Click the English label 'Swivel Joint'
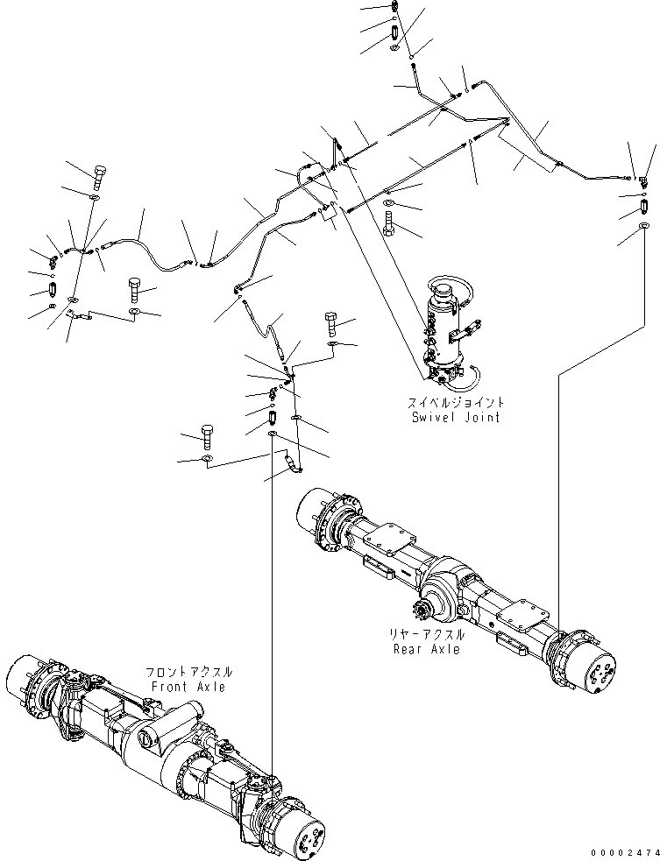click(x=456, y=417)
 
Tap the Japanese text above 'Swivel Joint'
click(x=456, y=402)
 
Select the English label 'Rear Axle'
click(x=428, y=649)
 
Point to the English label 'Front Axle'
click(x=188, y=687)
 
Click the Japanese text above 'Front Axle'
click(x=189, y=672)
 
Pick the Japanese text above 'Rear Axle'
click(x=428, y=634)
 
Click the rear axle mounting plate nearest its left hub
click(x=382, y=539)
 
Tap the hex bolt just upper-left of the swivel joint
click(x=388, y=223)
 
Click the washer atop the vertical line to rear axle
click(x=645, y=228)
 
